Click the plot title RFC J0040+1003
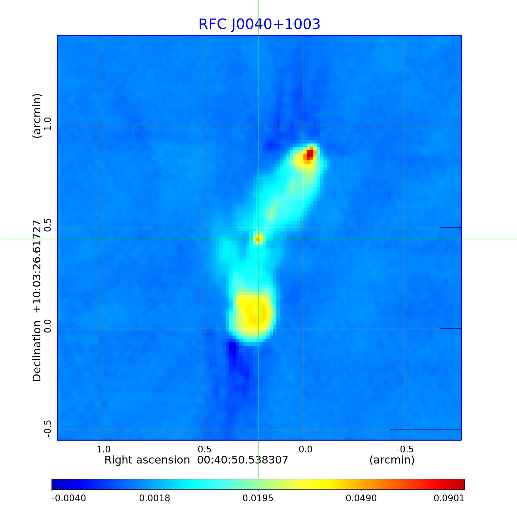tap(259, 24)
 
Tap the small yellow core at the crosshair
tap(258, 239)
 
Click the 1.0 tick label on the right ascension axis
tap(104, 449)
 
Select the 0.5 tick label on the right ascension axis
tap(205, 449)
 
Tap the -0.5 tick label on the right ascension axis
tap(405, 449)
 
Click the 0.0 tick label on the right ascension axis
tap(306, 449)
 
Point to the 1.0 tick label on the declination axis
tap(47, 124)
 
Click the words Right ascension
tap(147, 460)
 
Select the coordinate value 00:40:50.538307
tap(243, 460)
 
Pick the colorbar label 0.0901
tap(449, 498)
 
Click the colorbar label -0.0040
tap(69, 498)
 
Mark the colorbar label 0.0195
tap(258, 498)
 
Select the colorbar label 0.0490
tap(361, 498)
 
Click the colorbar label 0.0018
tap(155, 498)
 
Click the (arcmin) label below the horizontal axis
tap(392, 460)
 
